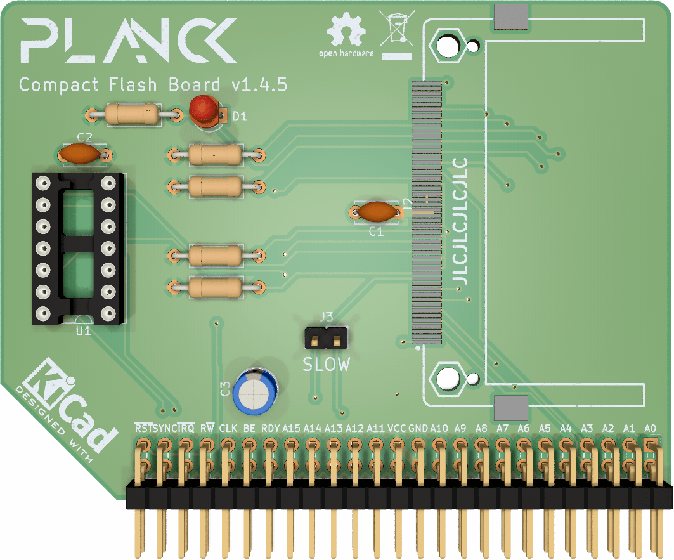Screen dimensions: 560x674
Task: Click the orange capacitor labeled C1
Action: click(377, 211)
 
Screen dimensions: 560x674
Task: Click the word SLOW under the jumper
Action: click(326, 365)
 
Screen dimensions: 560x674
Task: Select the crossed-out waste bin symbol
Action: click(394, 32)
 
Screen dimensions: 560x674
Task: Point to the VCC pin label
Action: click(397, 428)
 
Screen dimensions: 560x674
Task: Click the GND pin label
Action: click(418, 428)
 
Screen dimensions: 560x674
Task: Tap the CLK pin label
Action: click(228, 428)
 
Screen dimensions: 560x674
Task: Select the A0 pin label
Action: click(650, 428)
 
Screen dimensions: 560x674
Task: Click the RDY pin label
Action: click(270, 428)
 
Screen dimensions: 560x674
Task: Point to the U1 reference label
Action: click(83, 331)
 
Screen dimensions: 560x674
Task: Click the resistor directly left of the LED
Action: click(132, 115)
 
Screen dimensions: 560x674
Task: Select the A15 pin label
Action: click(291, 428)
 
